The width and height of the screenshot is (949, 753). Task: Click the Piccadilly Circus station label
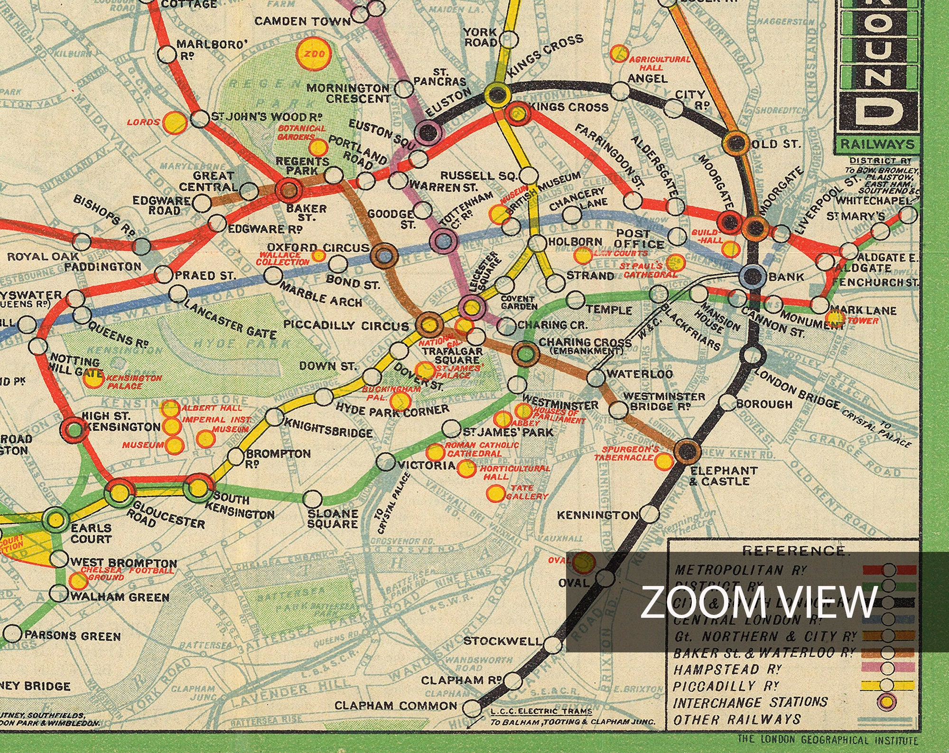(x=345, y=325)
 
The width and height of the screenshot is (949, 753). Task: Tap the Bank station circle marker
(x=753, y=276)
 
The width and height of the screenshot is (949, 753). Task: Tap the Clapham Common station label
(x=396, y=706)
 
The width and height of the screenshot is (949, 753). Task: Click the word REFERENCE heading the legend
(x=794, y=550)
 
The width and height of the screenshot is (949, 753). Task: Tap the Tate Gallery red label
(x=527, y=492)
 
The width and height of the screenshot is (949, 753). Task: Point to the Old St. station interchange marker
(x=735, y=143)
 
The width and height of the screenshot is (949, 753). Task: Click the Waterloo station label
(x=639, y=374)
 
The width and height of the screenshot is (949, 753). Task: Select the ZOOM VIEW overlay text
(x=759, y=602)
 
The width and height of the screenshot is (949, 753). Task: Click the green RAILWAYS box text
(x=877, y=145)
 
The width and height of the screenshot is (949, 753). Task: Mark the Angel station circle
(x=620, y=90)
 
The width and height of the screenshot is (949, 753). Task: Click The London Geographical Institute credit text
(x=828, y=740)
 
